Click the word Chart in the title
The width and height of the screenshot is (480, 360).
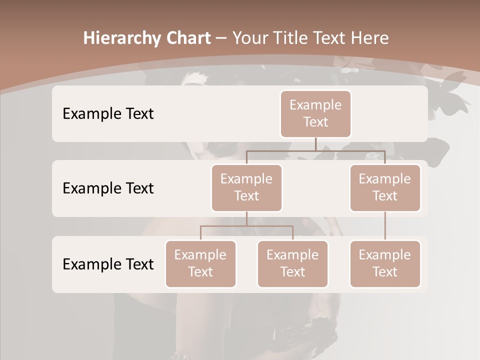(x=187, y=38)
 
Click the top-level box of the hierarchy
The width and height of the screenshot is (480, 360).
(x=315, y=113)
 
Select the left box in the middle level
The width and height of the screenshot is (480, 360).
(x=246, y=187)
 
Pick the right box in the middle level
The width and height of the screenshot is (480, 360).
(x=385, y=187)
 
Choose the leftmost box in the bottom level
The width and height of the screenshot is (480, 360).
(x=200, y=263)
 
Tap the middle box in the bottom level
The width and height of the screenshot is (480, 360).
(x=292, y=263)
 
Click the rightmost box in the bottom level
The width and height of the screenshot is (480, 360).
(x=385, y=263)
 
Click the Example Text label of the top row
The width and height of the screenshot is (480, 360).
(x=108, y=114)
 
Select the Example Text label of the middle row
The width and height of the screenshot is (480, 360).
(x=108, y=188)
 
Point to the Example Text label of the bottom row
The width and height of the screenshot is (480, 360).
(x=108, y=264)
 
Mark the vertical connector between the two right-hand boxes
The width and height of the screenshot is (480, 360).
(x=385, y=226)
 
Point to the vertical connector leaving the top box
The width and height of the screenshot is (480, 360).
(x=315, y=144)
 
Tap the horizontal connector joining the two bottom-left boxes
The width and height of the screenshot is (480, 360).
(x=246, y=226)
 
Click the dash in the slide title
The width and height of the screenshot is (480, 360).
(x=221, y=38)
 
